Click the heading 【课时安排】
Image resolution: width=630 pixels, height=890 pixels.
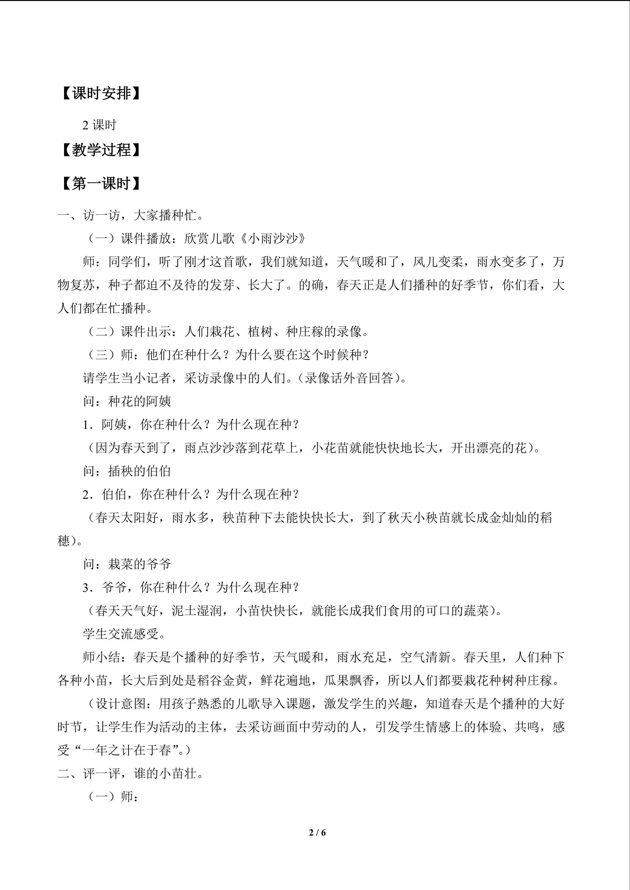point(100,93)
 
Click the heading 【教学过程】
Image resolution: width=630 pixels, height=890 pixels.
point(100,150)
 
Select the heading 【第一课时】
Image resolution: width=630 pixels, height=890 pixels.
point(100,184)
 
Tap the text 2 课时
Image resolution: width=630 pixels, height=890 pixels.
point(99,125)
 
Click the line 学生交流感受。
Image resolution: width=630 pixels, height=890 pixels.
point(124,634)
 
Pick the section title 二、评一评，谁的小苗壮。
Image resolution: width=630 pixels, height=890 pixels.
point(130,774)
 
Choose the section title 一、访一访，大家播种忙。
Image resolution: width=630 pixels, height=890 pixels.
point(130,215)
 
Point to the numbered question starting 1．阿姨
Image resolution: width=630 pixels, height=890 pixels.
point(191,425)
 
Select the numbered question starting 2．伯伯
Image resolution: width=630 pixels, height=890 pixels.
point(191,494)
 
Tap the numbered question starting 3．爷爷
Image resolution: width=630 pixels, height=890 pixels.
point(191,587)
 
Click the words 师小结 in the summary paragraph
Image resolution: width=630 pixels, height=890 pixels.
point(102,657)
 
